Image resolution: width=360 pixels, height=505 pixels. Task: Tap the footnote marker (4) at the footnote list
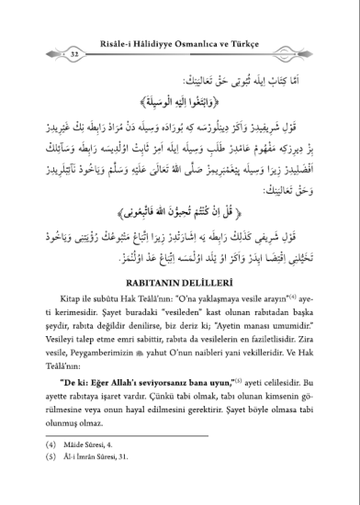pyautogui.click(x=51, y=468)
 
